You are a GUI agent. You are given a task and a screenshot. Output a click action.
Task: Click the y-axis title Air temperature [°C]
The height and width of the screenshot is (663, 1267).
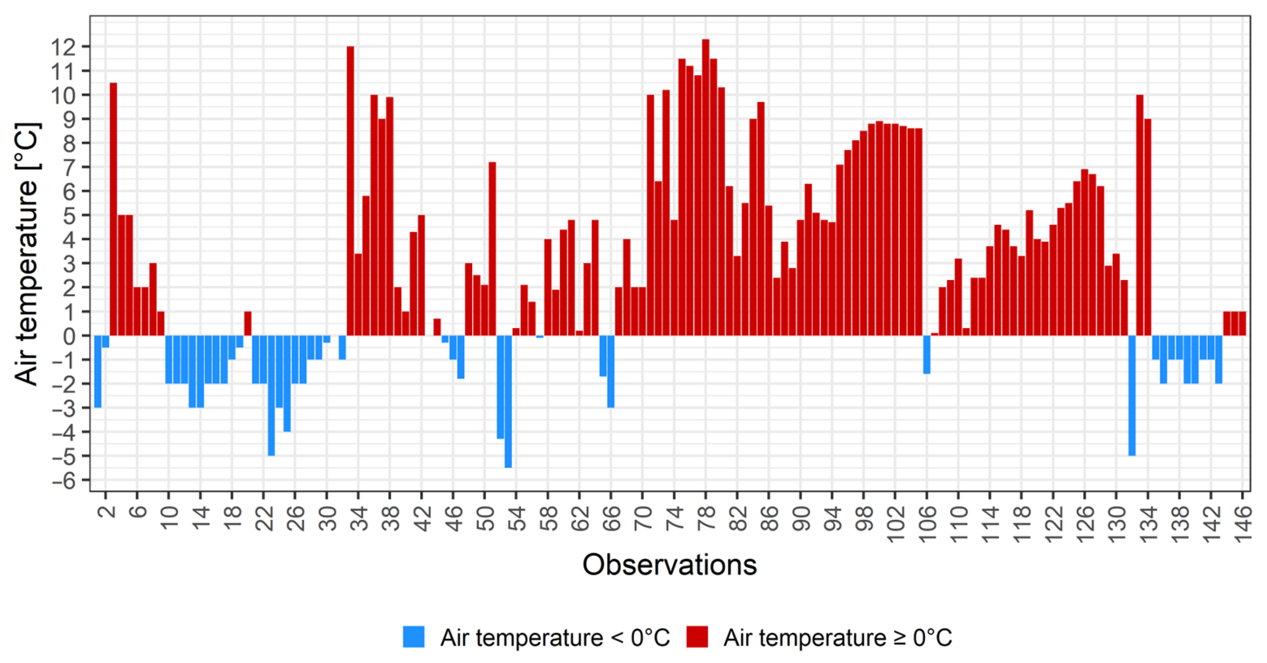tap(27, 253)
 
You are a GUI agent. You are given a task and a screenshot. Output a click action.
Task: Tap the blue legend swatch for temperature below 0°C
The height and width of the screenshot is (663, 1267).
tap(413, 637)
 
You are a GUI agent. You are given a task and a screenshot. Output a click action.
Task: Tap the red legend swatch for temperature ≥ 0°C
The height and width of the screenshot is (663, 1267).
tap(697, 637)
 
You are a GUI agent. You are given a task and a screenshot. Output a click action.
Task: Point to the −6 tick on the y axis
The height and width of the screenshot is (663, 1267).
tap(64, 480)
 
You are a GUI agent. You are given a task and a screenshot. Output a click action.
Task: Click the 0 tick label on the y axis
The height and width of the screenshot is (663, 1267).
tap(69, 337)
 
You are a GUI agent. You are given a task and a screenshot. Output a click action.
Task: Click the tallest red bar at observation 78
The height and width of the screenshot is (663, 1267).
tap(705, 187)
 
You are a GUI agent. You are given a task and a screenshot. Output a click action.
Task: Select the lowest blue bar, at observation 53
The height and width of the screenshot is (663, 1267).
tap(508, 401)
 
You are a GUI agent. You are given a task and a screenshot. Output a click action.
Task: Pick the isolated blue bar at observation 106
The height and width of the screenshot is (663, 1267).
tap(927, 354)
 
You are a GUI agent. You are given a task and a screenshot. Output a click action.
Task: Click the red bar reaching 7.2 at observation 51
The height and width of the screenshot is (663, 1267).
tap(492, 249)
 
